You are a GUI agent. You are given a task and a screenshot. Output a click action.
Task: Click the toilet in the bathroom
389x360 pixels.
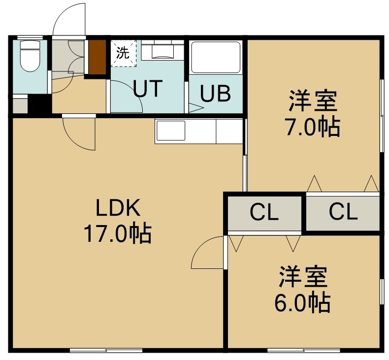point(30,56)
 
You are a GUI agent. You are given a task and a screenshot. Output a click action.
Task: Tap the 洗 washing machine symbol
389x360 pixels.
point(123,53)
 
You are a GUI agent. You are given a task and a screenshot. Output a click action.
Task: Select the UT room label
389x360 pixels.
point(148,88)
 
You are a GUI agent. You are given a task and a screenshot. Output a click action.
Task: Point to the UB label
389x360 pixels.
point(215,93)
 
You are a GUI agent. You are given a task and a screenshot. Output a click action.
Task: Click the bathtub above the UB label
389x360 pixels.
point(216,57)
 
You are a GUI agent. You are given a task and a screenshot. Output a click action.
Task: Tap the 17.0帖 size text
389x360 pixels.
point(118,233)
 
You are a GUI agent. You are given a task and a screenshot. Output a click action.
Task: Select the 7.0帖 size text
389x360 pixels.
point(313,127)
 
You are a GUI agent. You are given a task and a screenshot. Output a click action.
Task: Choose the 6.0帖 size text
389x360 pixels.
point(303,303)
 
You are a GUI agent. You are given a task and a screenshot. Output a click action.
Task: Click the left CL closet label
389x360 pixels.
point(264,212)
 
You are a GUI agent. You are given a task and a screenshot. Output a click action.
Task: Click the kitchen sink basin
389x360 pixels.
point(170,131)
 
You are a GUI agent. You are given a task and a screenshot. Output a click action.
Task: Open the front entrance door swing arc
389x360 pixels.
point(69,19)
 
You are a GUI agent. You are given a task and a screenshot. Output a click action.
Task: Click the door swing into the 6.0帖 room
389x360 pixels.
point(207,252)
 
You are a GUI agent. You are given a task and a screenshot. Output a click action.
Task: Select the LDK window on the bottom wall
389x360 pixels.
point(106,350)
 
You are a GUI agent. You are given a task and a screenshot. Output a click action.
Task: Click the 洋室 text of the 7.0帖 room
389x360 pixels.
point(313,101)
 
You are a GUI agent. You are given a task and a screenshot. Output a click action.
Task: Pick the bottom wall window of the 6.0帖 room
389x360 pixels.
point(304,350)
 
